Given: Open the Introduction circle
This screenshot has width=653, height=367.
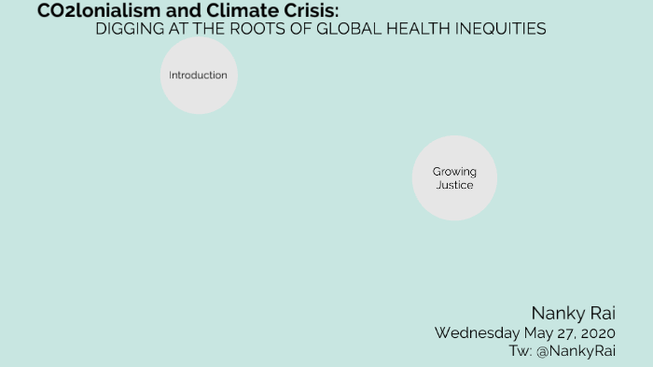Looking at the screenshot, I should click(199, 76).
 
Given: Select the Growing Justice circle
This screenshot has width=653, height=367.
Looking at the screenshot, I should click(454, 178).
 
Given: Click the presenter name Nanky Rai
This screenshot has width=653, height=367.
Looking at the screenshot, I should click(574, 313).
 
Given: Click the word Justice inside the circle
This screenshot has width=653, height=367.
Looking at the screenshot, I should click(454, 185).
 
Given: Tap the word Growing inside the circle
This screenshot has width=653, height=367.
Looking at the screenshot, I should click(454, 172).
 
